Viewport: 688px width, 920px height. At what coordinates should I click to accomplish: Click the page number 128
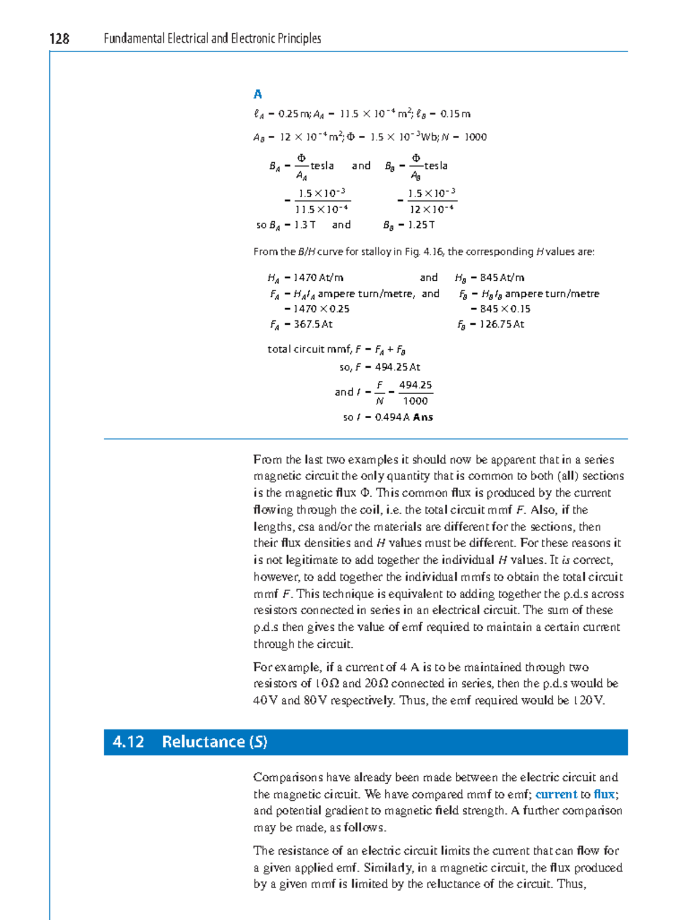(x=59, y=38)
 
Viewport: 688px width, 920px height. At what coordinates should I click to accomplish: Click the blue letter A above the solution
(x=257, y=94)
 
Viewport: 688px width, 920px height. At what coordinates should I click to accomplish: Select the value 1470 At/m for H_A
(x=318, y=278)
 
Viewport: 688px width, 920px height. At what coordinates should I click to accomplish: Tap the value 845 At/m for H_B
(x=502, y=278)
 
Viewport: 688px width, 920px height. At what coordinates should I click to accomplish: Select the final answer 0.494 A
(x=392, y=418)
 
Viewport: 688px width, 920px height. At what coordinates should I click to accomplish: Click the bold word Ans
(x=423, y=418)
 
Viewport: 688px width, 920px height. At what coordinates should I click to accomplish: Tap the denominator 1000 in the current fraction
(x=415, y=401)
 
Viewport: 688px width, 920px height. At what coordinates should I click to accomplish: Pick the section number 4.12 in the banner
(x=128, y=742)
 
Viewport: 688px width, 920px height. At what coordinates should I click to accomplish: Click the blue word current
(x=556, y=794)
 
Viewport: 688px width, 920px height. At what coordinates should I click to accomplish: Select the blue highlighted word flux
(x=604, y=794)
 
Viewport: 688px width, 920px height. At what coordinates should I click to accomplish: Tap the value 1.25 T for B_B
(x=421, y=225)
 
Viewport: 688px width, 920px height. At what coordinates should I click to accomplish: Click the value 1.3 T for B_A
(x=304, y=225)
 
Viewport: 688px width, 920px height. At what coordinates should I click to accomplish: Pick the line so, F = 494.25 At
(x=380, y=367)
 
